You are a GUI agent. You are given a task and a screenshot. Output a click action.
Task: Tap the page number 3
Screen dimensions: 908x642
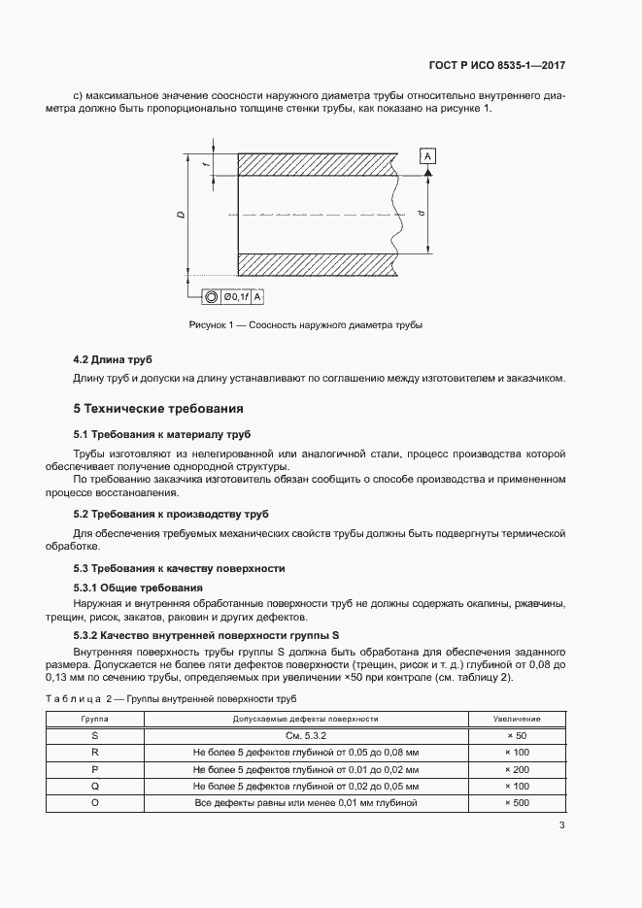(561, 825)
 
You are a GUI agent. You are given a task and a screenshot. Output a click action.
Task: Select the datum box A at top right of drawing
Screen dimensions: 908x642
(428, 156)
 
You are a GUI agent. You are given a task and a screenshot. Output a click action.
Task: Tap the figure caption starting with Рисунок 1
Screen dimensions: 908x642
(306, 324)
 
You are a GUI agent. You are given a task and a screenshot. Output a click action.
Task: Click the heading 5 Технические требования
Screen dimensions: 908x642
(159, 408)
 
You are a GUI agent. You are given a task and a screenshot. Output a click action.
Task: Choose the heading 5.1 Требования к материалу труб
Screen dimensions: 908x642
(162, 433)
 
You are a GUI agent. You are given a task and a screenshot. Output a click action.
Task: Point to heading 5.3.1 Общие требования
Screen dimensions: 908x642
(138, 588)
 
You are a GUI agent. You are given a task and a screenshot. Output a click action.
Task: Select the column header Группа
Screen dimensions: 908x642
(95, 719)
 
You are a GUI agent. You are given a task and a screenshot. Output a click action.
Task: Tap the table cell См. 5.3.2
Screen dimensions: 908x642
(305, 736)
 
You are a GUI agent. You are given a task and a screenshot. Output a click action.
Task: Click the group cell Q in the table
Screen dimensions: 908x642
(95, 787)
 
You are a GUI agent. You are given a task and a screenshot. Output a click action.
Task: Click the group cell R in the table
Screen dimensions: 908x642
(95, 753)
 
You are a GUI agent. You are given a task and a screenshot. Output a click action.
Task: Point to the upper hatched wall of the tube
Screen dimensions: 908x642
(316, 164)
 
